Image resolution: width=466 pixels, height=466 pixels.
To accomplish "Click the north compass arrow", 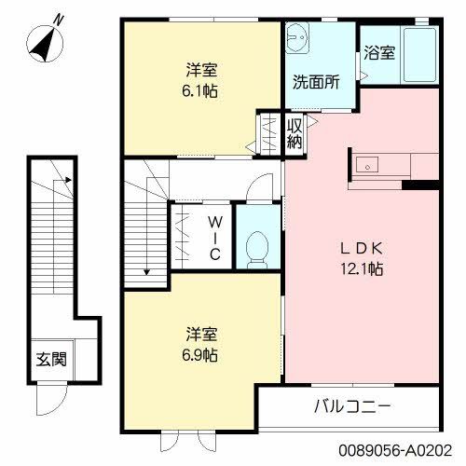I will click(x=43, y=41).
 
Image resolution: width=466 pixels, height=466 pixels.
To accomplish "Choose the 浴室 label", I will click(x=379, y=53).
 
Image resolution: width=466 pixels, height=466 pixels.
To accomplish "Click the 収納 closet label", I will click(x=295, y=134).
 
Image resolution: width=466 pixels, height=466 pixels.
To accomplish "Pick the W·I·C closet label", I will click(x=213, y=238).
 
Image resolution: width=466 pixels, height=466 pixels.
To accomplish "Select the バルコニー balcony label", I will click(x=351, y=407).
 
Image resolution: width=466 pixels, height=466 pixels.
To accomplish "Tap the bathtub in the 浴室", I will click(x=421, y=53).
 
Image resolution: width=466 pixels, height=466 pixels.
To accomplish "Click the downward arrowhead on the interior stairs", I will click(x=146, y=271).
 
